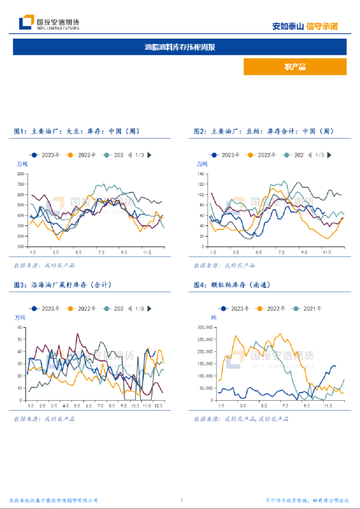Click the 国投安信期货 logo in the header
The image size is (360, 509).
pyautogui.click(x=49, y=23)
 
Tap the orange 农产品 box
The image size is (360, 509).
pyautogui.click(x=294, y=67)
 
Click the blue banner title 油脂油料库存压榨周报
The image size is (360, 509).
pyautogui.click(x=180, y=47)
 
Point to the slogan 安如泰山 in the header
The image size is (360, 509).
pyautogui.click(x=288, y=26)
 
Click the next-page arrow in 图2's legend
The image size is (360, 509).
pyautogui.click(x=330, y=155)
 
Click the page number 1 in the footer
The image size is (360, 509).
pyautogui.click(x=182, y=501)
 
